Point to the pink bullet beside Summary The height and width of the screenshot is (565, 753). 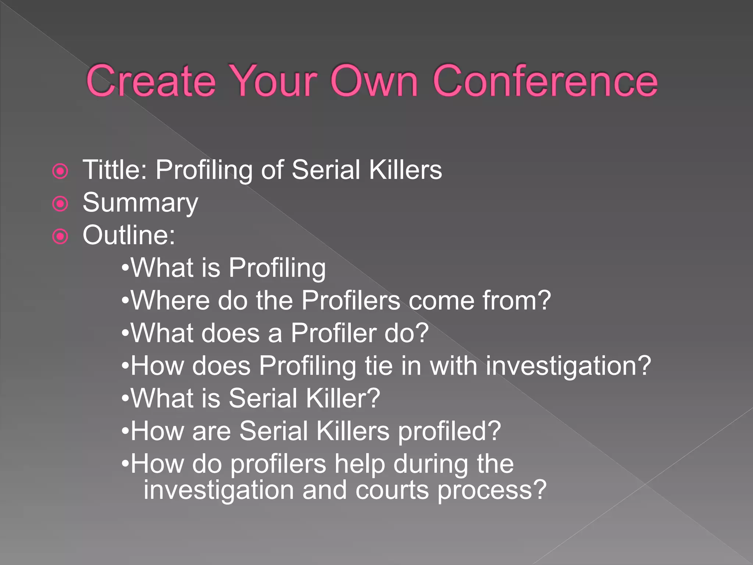[60, 204]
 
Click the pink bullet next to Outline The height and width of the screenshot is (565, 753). [60, 237]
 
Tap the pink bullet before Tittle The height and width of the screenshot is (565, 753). [60, 171]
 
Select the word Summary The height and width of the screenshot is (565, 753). [140, 203]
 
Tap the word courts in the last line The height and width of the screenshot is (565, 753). [392, 490]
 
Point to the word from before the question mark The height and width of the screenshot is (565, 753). [510, 301]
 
